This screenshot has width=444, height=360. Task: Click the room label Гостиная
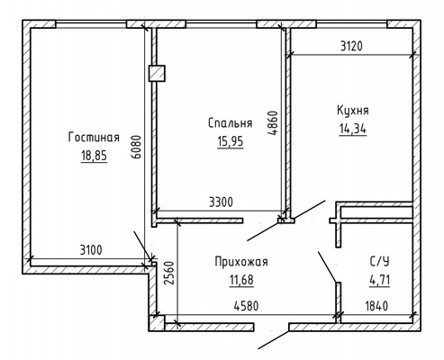click(x=94, y=138)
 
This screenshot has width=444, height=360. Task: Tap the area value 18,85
click(x=94, y=156)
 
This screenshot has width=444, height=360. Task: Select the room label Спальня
click(x=231, y=123)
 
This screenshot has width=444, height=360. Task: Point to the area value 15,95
click(x=231, y=141)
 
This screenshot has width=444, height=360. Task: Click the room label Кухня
click(x=353, y=110)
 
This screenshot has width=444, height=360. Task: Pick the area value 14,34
click(x=353, y=129)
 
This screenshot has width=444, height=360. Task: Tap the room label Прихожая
click(x=241, y=262)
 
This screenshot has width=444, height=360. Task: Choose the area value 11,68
click(x=241, y=281)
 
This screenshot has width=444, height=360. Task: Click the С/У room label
click(x=379, y=262)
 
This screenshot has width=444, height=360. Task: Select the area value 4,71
click(x=379, y=281)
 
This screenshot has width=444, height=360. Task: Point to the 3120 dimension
click(x=351, y=46)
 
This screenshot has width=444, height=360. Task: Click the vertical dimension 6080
click(x=137, y=147)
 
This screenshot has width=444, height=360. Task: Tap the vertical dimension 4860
click(x=272, y=123)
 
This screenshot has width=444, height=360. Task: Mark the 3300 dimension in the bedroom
click(x=221, y=202)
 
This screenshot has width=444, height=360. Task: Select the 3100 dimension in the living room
click(x=91, y=249)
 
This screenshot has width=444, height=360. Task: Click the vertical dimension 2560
click(x=169, y=273)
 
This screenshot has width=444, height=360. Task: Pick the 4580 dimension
click(x=246, y=306)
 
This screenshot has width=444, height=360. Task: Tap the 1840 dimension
click(x=376, y=306)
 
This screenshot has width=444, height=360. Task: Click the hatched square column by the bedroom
click(x=157, y=74)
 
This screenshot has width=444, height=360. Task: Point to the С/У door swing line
click(x=328, y=267)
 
